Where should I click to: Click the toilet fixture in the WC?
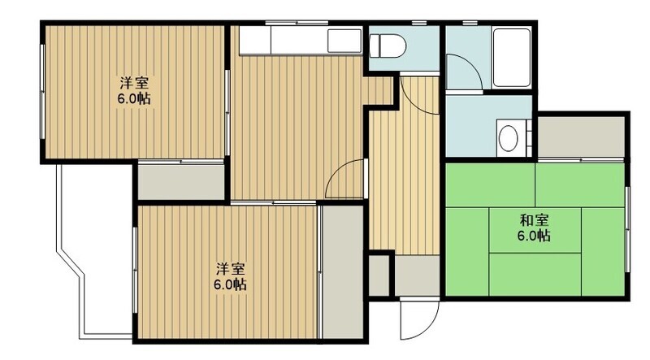point(387,46)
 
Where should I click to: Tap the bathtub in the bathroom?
point(512,57)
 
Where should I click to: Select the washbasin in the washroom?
point(509,138)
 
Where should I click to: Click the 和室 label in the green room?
point(535,219)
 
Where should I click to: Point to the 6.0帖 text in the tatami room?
point(534,236)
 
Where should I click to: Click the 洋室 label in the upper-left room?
point(134,83)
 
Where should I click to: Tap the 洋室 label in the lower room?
point(230,269)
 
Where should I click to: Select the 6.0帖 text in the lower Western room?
point(230,285)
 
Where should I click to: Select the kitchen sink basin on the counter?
point(344,41)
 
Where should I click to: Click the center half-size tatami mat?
point(535,230)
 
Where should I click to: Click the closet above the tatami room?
point(581,137)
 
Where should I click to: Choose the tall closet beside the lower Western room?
point(342,271)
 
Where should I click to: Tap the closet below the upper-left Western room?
point(180,183)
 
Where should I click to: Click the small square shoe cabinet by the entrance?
point(379,275)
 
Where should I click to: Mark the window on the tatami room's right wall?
point(627,229)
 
